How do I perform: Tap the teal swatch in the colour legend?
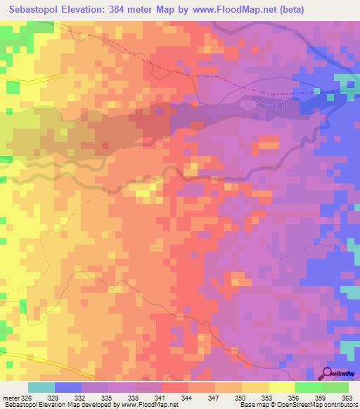click(41, 387)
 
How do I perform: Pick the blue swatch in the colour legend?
click(68, 387)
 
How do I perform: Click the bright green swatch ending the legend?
click(335, 387)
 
